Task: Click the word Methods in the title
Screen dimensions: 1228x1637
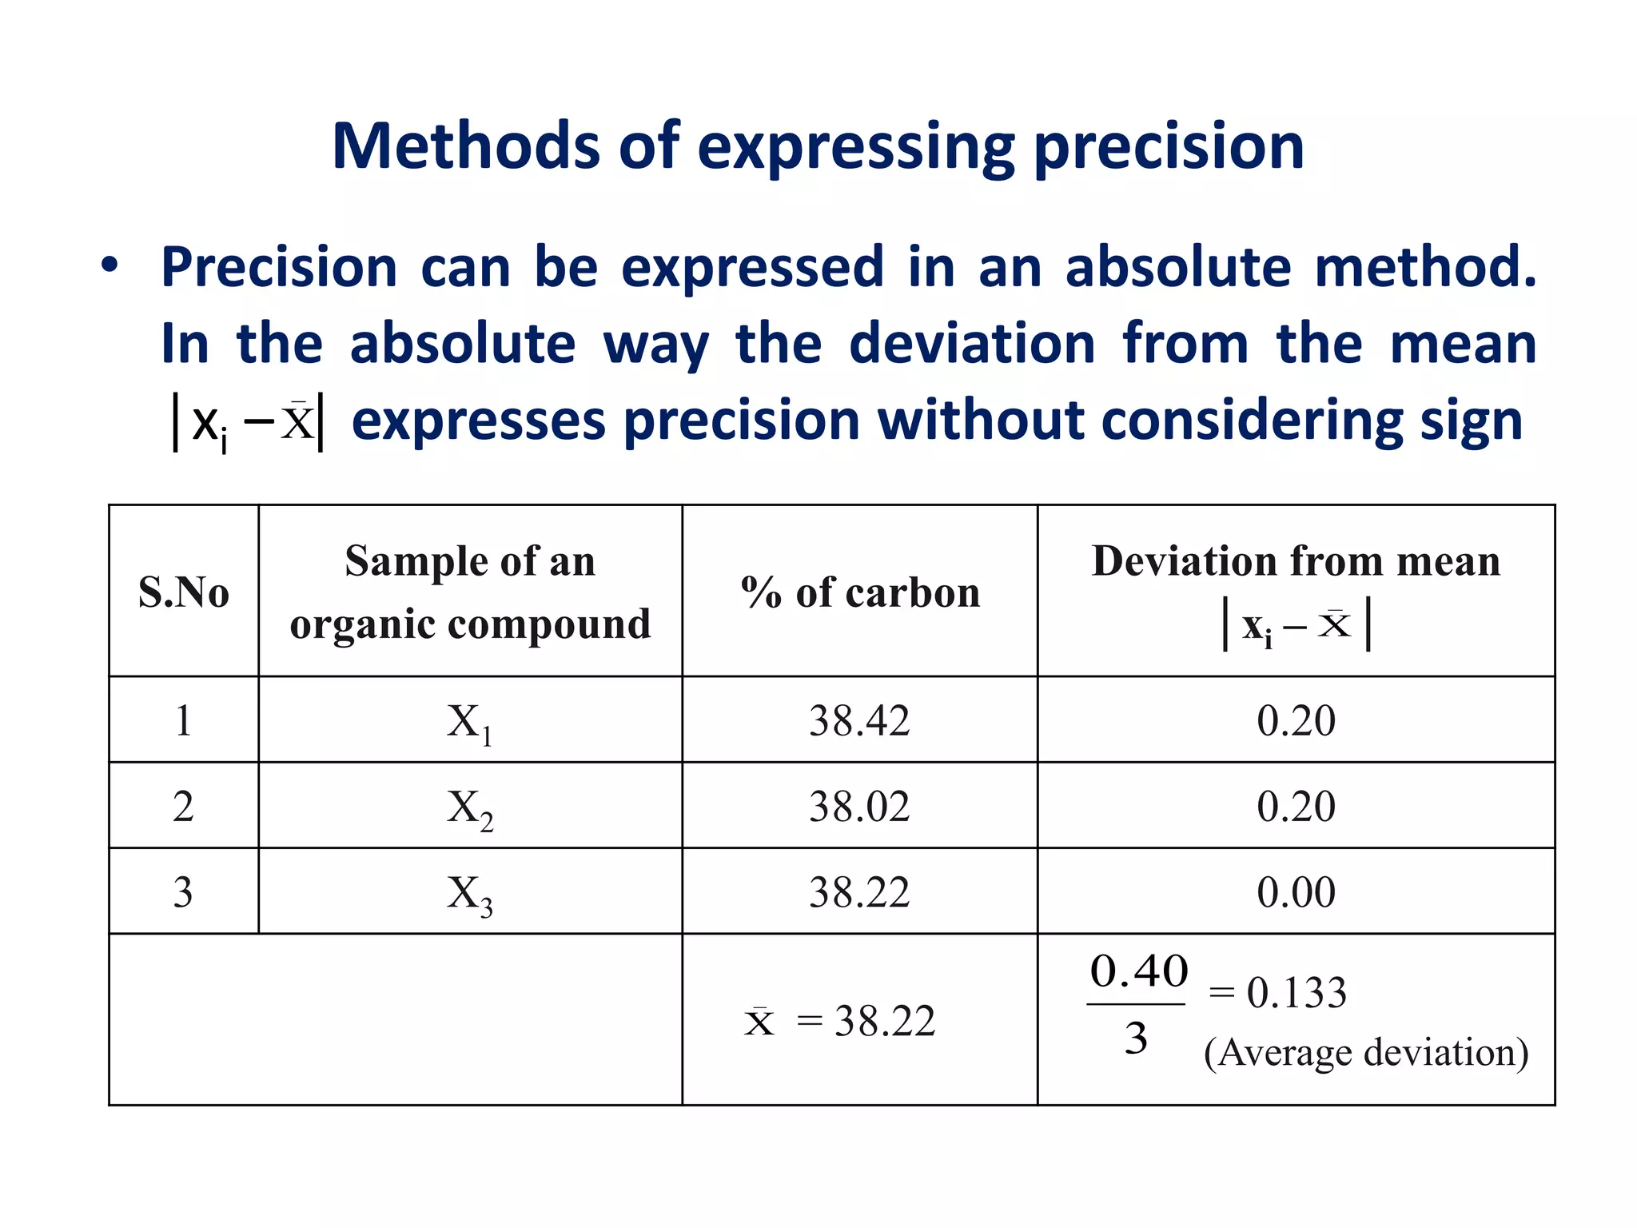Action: coord(465,146)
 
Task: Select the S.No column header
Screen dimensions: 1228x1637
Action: coord(184,593)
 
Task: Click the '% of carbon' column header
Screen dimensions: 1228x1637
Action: coord(860,593)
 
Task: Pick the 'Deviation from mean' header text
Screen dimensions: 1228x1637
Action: coord(1296,561)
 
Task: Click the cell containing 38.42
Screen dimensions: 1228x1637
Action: coord(859,720)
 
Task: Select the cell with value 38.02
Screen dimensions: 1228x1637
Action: coord(859,806)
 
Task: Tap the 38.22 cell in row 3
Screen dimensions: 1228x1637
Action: coord(859,891)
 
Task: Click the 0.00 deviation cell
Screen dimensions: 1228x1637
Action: coord(1296,891)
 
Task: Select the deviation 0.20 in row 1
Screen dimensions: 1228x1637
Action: coord(1296,720)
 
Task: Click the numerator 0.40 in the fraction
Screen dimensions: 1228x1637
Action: coord(1138,971)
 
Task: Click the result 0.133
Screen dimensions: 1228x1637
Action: coord(1296,993)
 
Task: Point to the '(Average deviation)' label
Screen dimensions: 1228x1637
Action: coord(1365,1052)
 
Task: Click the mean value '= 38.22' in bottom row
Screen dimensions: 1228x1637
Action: coord(866,1021)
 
